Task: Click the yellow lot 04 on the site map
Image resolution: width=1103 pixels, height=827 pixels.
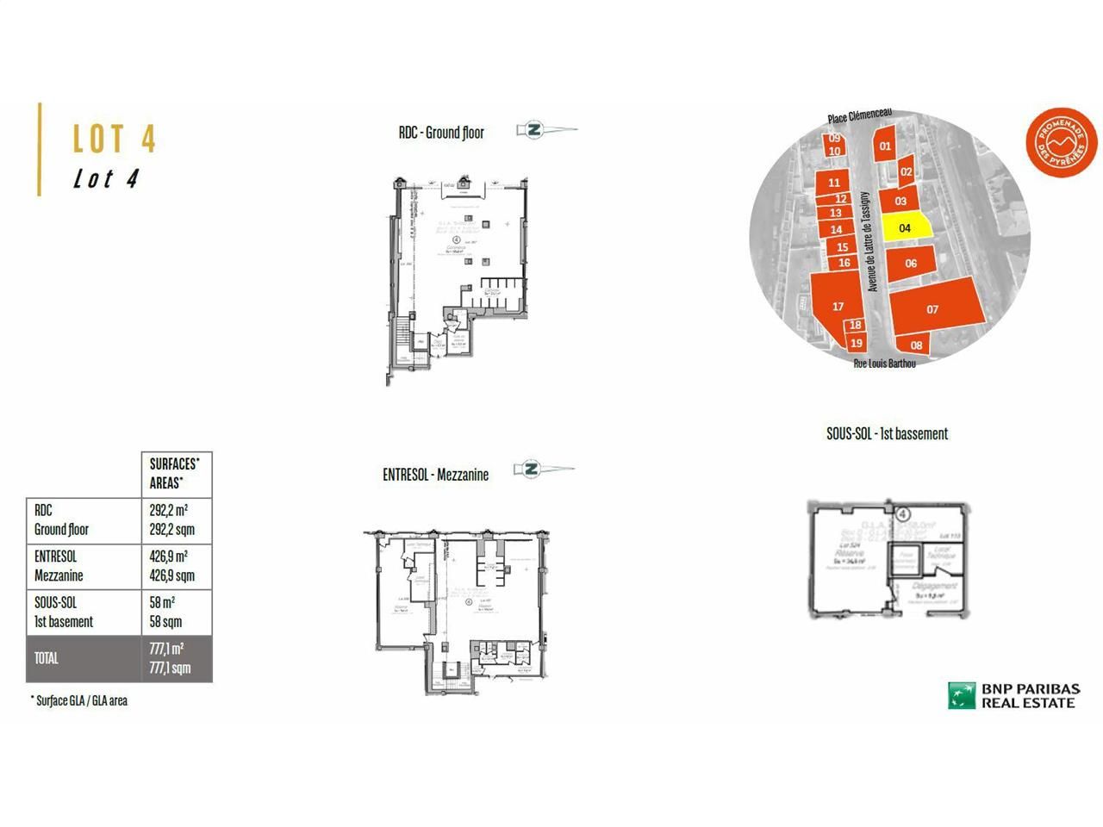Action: coord(905,227)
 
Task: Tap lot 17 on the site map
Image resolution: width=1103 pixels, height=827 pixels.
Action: coord(837,305)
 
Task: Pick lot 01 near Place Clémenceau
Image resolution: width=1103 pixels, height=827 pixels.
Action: coord(885,146)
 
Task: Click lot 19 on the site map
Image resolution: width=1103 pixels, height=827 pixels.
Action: coord(856,343)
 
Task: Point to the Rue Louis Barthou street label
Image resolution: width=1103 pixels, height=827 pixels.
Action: coord(884,364)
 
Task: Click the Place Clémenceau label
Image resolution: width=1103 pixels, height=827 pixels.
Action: coord(859,116)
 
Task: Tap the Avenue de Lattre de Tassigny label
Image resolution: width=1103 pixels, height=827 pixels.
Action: coord(872,241)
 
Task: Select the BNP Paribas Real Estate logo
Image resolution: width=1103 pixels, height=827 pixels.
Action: coord(1013,695)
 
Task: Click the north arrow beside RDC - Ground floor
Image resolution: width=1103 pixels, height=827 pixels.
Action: coord(546,131)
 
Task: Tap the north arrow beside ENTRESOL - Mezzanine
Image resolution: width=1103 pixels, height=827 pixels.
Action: coord(543,469)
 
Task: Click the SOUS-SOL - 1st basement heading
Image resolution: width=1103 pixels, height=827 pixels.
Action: coord(887,434)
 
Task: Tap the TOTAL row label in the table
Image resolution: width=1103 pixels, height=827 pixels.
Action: coord(47,658)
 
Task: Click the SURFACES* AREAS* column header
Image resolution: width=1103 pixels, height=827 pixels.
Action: coord(176,474)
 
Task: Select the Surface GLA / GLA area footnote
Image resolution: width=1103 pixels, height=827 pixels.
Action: coord(78,700)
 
